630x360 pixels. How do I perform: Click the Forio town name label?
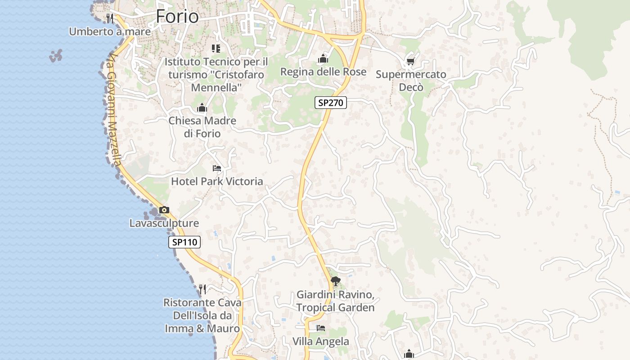click(177, 17)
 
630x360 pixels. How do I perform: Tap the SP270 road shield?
click(330, 103)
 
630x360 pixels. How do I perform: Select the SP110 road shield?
click(184, 242)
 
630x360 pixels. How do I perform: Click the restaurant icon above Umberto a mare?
click(110, 18)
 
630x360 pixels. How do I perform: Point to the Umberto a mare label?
click(110, 31)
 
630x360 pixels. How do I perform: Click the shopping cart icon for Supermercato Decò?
click(410, 61)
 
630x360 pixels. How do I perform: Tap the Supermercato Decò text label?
click(411, 81)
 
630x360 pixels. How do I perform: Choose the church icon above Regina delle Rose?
click(323, 58)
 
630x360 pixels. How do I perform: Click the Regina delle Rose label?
click(323, 72)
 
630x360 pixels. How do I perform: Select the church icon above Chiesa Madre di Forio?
click(202, 108)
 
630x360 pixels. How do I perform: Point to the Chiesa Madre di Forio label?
click(202, 127)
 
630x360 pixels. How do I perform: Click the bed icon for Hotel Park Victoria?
click(217, 168)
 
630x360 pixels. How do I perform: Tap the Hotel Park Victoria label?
click(217, 181)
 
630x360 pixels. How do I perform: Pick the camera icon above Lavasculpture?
click(164, 210)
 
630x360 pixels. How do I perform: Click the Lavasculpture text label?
click(164, 223)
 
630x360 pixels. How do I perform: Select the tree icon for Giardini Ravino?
click(335, 281)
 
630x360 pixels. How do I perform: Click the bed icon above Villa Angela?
click(321, 328)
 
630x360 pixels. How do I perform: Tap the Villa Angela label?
click(321, 341)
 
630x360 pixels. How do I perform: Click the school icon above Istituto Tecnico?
click(216, 48)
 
